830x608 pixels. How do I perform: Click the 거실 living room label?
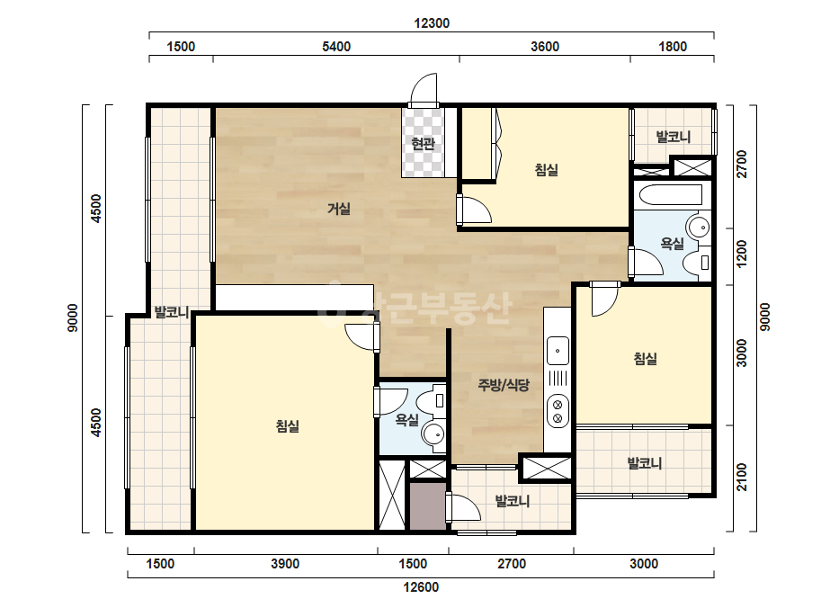(339, 209)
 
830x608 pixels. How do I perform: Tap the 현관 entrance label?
(423, 143)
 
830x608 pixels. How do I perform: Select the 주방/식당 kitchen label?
(503, 385)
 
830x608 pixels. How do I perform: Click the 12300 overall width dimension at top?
(432, 23)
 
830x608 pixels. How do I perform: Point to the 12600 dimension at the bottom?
(421, 586)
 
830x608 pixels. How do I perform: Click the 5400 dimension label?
(336, 47)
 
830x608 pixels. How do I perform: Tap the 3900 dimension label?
(285, 564)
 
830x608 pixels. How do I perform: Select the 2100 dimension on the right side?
(742, 478)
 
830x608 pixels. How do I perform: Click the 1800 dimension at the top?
(673, 47)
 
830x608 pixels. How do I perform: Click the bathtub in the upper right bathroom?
(671, 194)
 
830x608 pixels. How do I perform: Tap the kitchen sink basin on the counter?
(558, 351)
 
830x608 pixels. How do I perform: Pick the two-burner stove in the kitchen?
(558, 412)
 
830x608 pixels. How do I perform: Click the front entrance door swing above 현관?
(424, 89)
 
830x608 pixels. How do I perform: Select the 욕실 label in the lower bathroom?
(407, 420)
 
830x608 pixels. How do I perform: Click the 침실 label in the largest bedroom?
(288, 425)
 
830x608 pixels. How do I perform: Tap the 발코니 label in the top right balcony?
(674, 137)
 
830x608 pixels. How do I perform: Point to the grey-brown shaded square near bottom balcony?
(428, 505)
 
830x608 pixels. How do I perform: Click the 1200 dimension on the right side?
(742, 254)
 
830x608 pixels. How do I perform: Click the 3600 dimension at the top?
(545, 47)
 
